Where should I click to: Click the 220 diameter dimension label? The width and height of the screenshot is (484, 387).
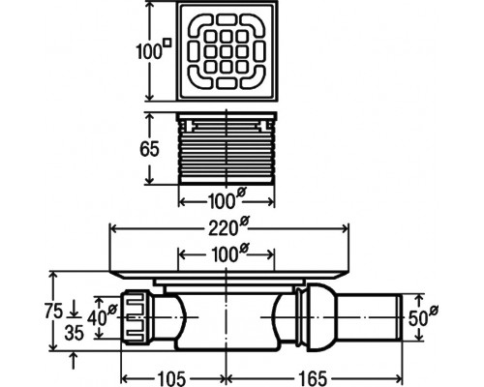tap(228, 226)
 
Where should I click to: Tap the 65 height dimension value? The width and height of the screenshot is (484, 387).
tap(149, 149)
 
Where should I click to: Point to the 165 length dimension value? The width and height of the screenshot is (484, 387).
tap(313, 378)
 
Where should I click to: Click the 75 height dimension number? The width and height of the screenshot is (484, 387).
tap(53, 311)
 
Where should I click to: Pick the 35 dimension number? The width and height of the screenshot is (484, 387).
tap(74, 333)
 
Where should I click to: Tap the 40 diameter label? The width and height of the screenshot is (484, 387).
tap(102, 316)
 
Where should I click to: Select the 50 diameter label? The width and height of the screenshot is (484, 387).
tap(423, 316)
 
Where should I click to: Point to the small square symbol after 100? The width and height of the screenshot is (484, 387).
tap(166, 43)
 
